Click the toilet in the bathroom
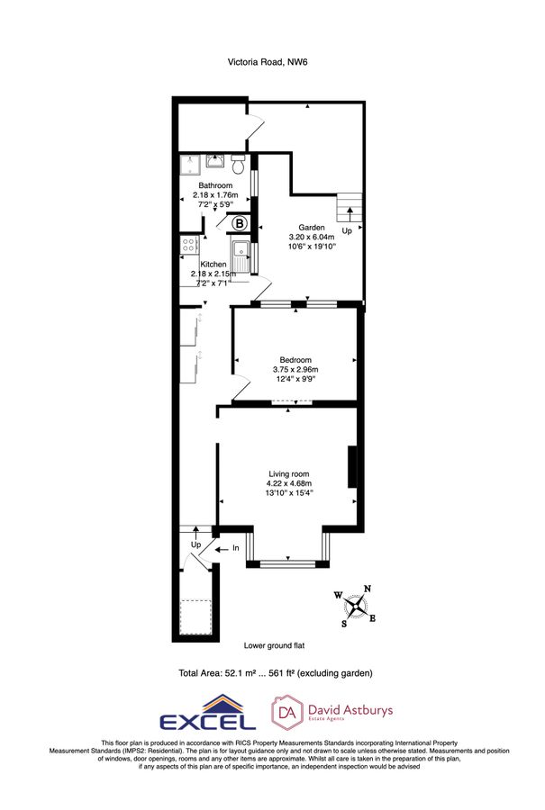pos(238,164)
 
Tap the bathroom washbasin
pos(215,162)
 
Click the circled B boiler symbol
pos(240,223)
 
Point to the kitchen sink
pos(241,253)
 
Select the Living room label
pos(288,473)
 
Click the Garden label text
pos(312,228)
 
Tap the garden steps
pos(349,209)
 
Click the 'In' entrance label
pos(236,547)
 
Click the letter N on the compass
pos(367,589)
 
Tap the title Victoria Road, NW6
pos(272,62)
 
